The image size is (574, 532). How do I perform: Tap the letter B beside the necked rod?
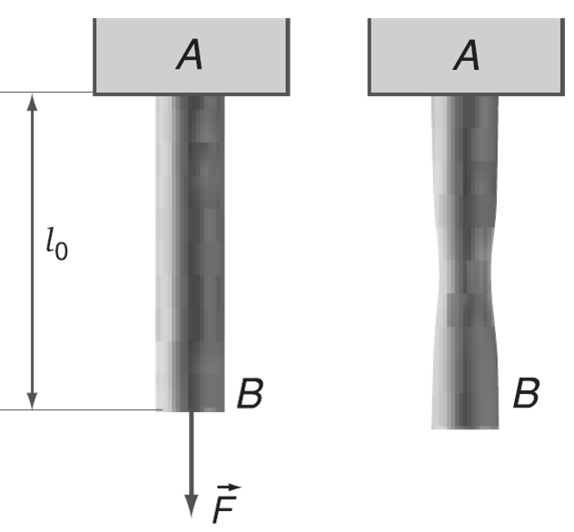coord(526,394)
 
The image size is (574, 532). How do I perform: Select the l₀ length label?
coord(56,242)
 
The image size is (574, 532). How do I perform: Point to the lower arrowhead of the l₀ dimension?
coord(32,399)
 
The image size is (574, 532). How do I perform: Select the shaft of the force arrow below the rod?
coord(191,454)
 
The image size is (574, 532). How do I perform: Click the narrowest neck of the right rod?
coord(464,272)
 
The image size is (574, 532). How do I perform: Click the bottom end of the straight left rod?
coord(190,409)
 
